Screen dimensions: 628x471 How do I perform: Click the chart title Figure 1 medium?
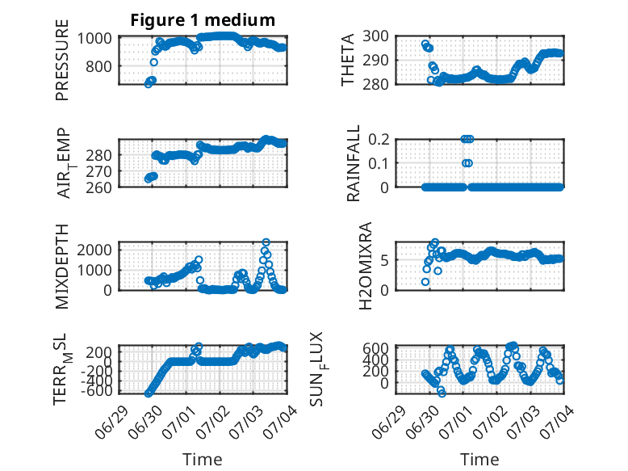(x=203, y=20)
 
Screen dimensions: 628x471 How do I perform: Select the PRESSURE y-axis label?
(x=62, y=60)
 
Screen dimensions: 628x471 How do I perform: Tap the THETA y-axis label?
(x=348, y=60)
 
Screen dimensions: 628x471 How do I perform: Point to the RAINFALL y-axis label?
(x=354, y=163)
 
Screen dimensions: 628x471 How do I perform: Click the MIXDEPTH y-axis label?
(x=62, y=267)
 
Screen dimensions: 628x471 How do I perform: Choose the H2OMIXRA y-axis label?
(x=366, y=266)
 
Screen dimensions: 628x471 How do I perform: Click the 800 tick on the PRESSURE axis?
(x=98, y=66)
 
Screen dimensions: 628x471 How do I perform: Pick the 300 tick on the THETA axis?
(x=375, y=36)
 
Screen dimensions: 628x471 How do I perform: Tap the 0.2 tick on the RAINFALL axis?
(x=379, y=140)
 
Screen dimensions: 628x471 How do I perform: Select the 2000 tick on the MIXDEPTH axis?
(x=94, y=250)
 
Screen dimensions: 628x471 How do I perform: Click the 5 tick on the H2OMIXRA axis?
(x=384, y=260)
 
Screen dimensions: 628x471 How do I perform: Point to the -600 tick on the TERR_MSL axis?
(x=97, y=391)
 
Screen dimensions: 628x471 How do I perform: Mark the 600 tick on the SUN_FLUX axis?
(x=375, y=348)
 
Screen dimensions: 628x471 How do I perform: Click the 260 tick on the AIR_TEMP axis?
(x=98, y=187)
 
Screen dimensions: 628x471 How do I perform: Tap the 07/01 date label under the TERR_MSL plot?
(x=176, y=422)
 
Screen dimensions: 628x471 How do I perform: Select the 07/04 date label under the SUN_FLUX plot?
(x=555, y=422)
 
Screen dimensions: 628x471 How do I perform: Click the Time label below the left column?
(x=203, y=460)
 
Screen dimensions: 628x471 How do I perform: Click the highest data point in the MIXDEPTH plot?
(x=266, y=242)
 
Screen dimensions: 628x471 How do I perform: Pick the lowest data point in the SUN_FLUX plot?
(x=442, y=393)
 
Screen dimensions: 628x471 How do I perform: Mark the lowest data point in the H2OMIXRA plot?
(x=425, y=282)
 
